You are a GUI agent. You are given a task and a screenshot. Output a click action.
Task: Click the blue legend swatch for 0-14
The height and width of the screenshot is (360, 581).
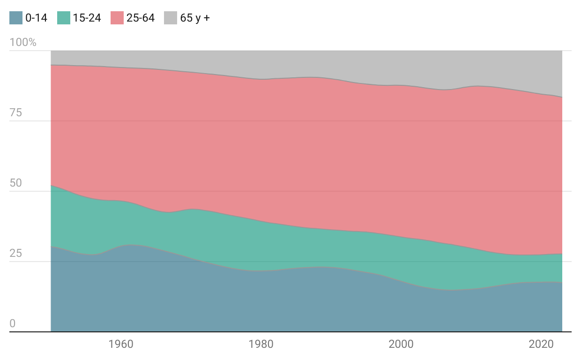pos(16,18)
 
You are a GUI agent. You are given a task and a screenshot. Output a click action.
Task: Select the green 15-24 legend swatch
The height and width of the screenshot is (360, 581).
pos(64,18)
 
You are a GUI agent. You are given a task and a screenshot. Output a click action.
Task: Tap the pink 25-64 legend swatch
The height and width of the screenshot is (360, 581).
pos(117,18)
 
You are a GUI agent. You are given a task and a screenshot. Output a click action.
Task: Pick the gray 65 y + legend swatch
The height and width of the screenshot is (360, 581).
pos(171,18)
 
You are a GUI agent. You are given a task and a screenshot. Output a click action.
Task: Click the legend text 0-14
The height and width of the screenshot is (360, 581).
pos(37,18)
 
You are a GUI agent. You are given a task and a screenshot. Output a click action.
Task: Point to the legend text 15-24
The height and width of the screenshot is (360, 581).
pos(87,18)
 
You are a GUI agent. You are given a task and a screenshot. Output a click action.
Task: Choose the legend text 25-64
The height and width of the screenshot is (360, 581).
pos(141,18)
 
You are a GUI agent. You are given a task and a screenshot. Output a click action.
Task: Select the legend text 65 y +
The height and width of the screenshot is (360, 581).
pos(195,18)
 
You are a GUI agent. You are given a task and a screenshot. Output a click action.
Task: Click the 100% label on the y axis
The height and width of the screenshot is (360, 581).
pos(23,42)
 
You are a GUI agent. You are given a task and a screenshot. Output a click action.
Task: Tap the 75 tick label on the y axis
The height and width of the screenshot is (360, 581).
pos(16,112)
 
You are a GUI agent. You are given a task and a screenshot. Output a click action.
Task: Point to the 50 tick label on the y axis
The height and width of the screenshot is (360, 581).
pos(16,183)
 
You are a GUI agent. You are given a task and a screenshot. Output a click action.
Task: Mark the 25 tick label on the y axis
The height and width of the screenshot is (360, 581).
pos(16,253)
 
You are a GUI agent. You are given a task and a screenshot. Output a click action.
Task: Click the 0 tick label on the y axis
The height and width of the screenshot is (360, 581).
pos(13,323)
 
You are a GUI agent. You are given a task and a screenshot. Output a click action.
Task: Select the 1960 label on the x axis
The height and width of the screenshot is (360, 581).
pos(120,344)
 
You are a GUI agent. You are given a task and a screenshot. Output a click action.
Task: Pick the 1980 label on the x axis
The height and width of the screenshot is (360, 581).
pos(261,344)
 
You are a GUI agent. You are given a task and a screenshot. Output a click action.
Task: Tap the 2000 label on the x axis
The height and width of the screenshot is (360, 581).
pos(401,344)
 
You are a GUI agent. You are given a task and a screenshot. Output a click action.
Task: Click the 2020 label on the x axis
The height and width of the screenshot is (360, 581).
pos(541,344)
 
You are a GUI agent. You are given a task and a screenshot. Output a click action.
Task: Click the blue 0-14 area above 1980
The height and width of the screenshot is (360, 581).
pos(261,301)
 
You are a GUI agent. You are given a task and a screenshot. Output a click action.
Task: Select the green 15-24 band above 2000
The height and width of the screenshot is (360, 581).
pos(401,259)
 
